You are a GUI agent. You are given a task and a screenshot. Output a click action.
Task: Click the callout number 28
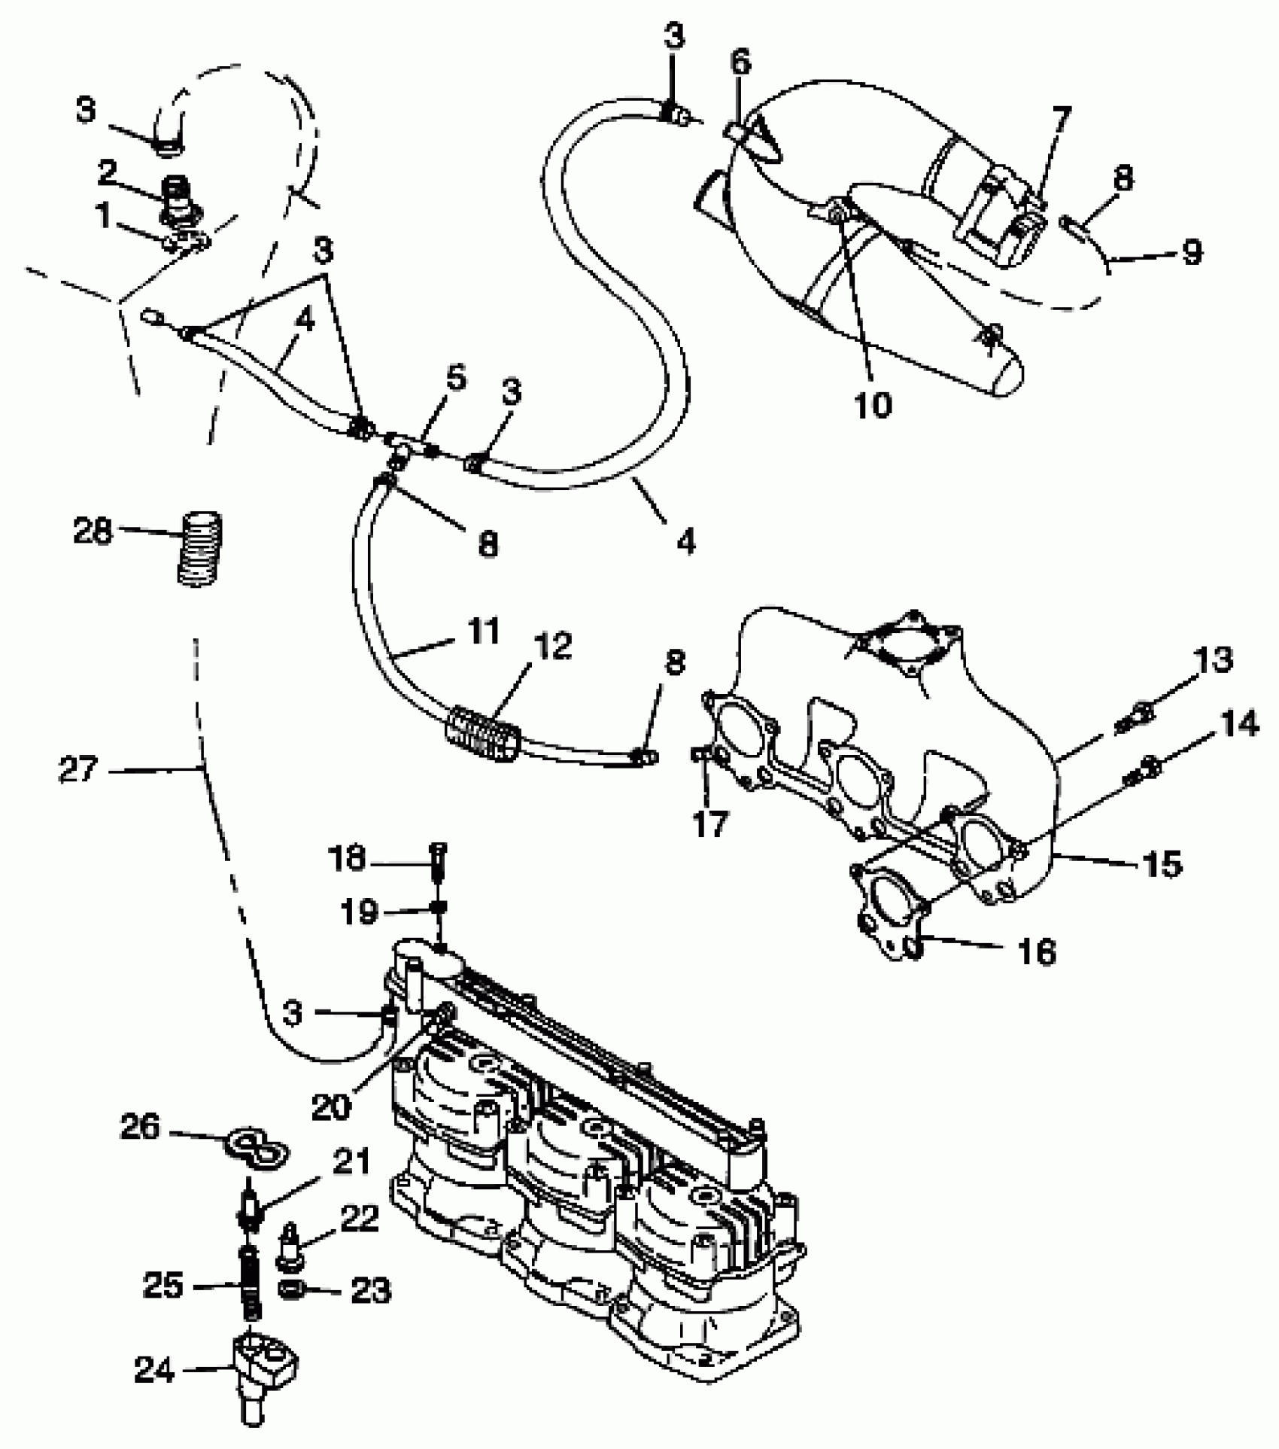coord(93,532)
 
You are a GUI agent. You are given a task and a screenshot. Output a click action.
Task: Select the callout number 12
coord(554,646)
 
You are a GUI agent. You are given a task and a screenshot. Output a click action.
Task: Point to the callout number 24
coord(154,1370)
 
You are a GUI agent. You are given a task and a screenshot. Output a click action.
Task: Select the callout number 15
coord(1161,863)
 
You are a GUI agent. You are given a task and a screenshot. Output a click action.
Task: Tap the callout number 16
coord(1036,952)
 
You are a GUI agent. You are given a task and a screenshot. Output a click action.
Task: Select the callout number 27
coord(77,769)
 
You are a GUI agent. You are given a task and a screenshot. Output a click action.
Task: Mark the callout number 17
coord(709,823)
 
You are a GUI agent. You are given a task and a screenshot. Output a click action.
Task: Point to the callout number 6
coord(740,63)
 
